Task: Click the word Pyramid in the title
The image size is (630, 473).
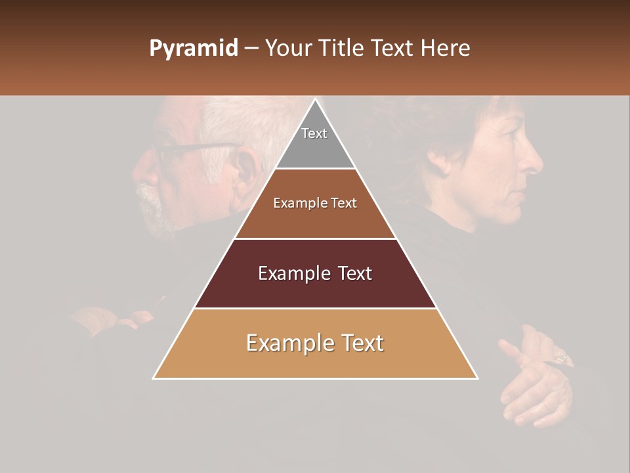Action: point(193,49)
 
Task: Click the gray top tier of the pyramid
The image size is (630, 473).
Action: point(315,141)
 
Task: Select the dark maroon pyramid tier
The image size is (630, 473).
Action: point(315,273)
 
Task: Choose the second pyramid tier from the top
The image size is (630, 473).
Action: point(315,204)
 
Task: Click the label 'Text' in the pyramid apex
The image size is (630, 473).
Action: point(314,133)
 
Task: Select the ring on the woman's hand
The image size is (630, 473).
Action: point(562,358)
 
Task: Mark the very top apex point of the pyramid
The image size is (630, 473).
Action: point(315,99)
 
